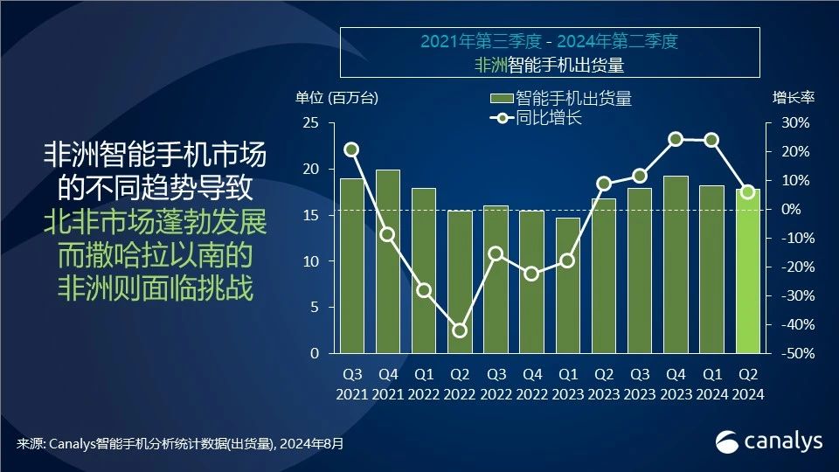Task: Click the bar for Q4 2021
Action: (x=388, y=262)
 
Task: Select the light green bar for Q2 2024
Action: (x=748, y=272)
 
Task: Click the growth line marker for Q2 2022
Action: (x=460, y=330)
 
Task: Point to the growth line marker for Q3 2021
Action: (x=351, y=149)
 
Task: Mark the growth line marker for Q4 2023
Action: (x=676, y=139)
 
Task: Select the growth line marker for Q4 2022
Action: (x=531, y=274)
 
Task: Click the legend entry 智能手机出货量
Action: (x=560, y=98)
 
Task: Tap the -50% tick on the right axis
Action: (x=792, y=354)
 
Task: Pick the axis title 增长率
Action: (x=793, y=98)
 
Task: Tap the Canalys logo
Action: (x=769, y=442)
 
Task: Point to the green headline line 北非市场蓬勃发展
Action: (x=156, y=222)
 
